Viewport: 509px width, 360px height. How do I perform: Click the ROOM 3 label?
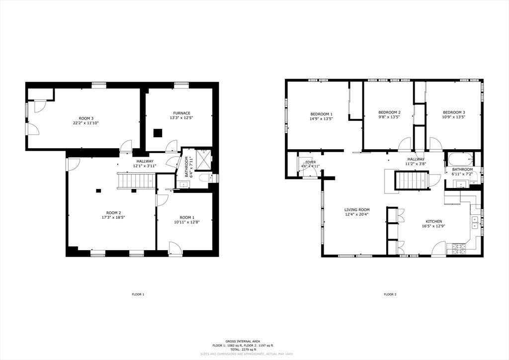[86, 118]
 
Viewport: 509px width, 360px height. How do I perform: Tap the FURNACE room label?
[181, 113]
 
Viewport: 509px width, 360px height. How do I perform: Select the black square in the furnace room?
[158, 133]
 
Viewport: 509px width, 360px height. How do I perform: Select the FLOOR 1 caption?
[138, 294]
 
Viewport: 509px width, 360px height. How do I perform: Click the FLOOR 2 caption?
[390, 294]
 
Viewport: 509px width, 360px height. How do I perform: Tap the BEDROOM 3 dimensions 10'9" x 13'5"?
[454, 118]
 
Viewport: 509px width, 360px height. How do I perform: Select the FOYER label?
[310, 162]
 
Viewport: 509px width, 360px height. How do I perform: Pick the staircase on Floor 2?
[411, 180]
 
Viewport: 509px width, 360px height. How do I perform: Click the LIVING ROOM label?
[357, 210]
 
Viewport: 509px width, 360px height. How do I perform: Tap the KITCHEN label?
[433, 221]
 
